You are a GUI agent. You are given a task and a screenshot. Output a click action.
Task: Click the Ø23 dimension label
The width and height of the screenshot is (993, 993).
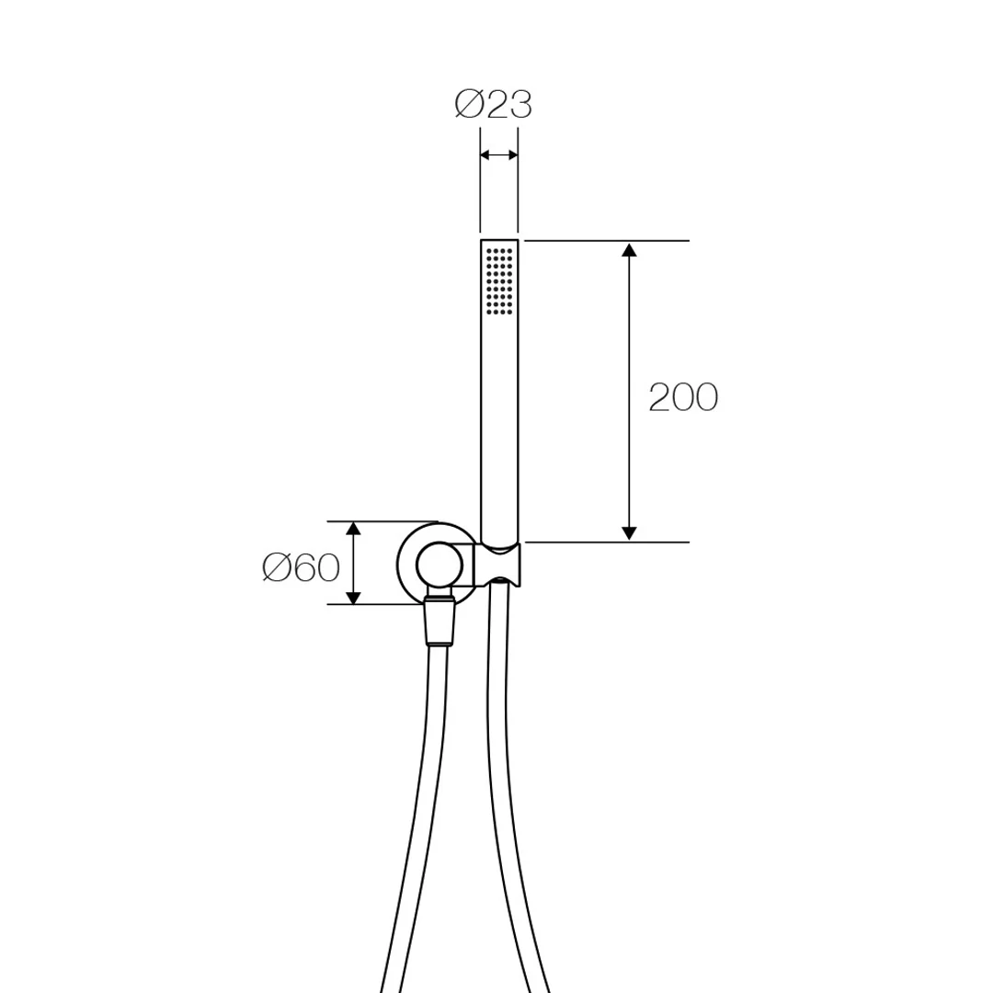[x=494, y=105]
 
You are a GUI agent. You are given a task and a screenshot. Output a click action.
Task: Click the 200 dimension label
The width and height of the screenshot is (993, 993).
[x=683, y=398]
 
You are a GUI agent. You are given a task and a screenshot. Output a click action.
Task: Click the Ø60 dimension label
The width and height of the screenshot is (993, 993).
[x=301, y=567]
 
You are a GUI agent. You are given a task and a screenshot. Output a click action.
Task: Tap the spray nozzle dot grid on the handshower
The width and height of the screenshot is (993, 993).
[x=499, y=281]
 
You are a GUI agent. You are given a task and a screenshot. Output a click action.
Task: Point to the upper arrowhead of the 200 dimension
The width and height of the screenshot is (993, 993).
[x=629, y=249]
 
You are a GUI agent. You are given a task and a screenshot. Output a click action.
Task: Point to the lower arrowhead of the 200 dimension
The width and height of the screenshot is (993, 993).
[x=629, y=534]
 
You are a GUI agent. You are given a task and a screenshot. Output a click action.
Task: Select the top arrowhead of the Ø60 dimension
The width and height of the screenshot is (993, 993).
[x=353, y=530]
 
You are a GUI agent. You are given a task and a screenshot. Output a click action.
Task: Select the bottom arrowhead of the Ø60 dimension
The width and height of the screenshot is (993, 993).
[x=353, y=597]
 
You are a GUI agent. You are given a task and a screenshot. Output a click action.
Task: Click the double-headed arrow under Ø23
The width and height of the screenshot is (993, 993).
[x=499, y=155]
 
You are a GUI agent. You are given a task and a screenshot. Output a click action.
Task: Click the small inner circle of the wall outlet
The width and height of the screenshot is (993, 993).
[x=440, y=565]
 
